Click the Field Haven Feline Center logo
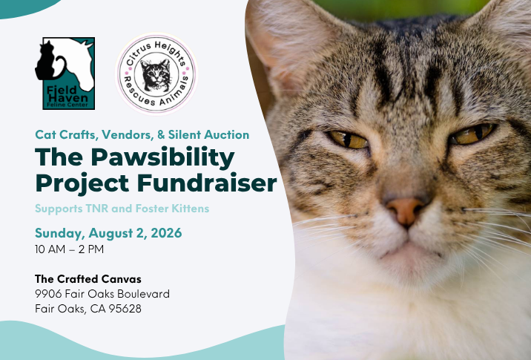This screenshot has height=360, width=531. (65, 73)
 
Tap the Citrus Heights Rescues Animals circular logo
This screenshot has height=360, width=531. (156, 74)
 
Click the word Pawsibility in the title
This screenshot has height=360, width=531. (162, 157)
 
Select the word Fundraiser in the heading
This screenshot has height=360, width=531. (207, 183)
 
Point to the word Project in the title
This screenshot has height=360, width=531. (82, 184)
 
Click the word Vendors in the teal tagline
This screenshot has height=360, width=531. (128, 134)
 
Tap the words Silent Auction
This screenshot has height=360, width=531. (208, 134)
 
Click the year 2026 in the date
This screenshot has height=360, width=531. (166, 233)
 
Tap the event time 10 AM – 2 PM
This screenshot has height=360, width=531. (70, 249)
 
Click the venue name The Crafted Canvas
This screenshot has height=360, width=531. (88, 279)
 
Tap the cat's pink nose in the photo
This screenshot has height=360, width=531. (405, 211)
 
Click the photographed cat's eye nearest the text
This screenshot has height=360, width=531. (349, 140)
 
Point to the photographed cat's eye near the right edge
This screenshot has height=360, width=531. (472, 134)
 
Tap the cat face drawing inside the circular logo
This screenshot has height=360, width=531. (156, 75)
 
